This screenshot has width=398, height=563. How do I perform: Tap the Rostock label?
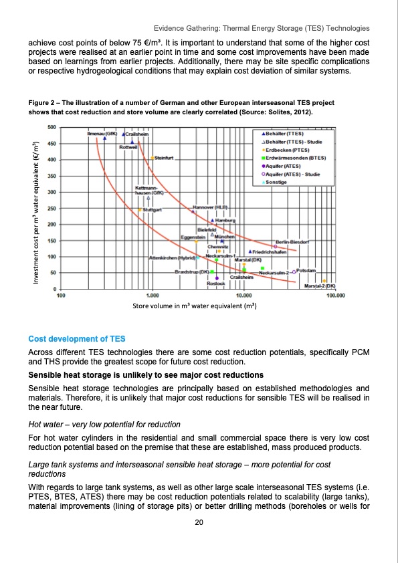pos(215,284)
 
